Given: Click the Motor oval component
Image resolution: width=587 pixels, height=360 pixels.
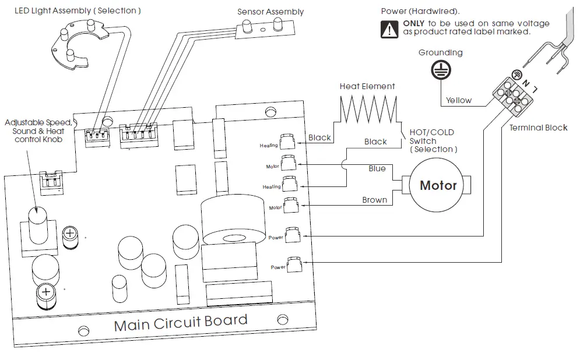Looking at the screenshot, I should coord(438,186).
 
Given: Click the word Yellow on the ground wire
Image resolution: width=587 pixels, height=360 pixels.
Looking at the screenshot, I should coord(459,100).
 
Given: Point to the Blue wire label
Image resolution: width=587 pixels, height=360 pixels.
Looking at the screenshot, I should coord(377,168).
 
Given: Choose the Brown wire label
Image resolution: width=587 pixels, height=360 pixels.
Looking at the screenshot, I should coord(374,200).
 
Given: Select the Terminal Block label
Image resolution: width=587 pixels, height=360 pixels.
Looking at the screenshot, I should coord(538,128).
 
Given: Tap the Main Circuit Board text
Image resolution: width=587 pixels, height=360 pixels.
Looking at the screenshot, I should coord(181,322).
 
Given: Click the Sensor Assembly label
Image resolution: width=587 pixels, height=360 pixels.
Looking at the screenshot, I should coord(270,12).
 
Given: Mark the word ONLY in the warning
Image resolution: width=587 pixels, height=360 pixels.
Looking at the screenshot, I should coord(414,23).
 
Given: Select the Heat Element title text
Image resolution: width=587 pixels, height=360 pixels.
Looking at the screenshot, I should coord(367,86).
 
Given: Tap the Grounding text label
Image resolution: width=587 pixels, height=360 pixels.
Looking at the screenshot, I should coord(440,52).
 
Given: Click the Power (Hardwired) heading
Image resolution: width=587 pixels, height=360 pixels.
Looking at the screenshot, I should coord(420,11).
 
